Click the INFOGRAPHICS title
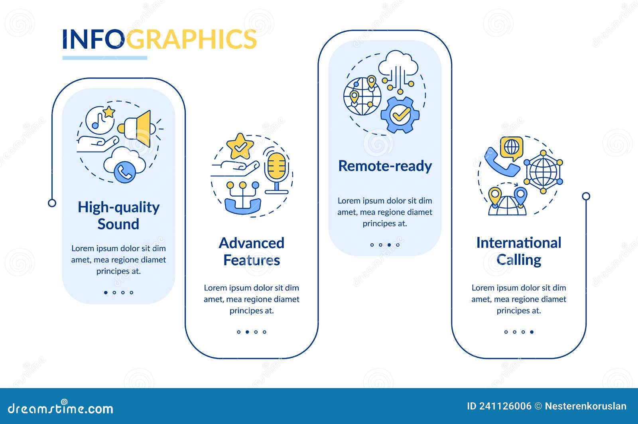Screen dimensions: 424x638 159,39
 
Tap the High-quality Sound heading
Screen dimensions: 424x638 118,215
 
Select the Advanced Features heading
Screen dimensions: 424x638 252,251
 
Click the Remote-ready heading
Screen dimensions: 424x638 385,166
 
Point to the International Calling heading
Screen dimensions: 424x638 518,251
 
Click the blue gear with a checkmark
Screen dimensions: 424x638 400,115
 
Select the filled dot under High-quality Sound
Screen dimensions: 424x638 106,292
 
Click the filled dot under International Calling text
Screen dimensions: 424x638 532,332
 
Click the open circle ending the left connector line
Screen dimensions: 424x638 52,203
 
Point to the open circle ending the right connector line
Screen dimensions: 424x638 586,196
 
